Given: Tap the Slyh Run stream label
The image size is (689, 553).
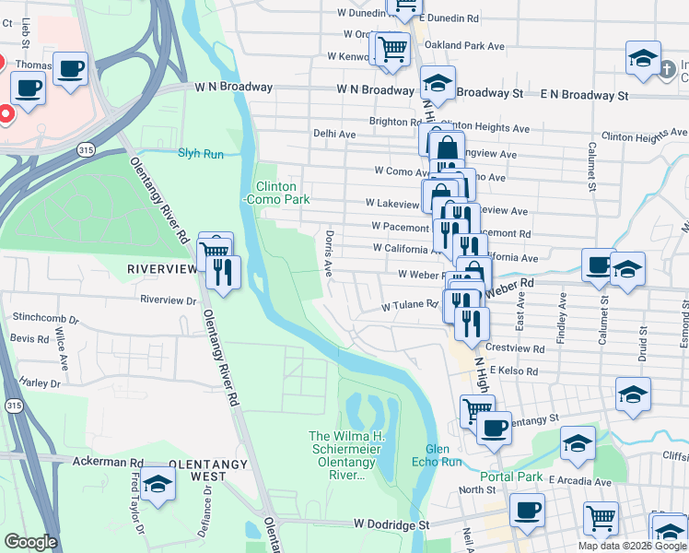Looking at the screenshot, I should coord(201,154).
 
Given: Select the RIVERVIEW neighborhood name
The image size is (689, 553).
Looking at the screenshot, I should coord(162,268).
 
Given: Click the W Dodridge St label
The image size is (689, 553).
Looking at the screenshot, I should coord(391,524).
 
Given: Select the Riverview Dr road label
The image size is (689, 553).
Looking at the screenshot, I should coord(169,300).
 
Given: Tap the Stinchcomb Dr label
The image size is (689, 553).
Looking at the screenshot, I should coord(45,317).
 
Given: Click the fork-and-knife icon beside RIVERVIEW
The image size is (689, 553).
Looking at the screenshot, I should coord(224,271).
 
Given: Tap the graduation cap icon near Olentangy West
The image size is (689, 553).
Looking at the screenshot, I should coord(158,485).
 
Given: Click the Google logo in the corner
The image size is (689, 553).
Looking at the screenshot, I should coord(30,542).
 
